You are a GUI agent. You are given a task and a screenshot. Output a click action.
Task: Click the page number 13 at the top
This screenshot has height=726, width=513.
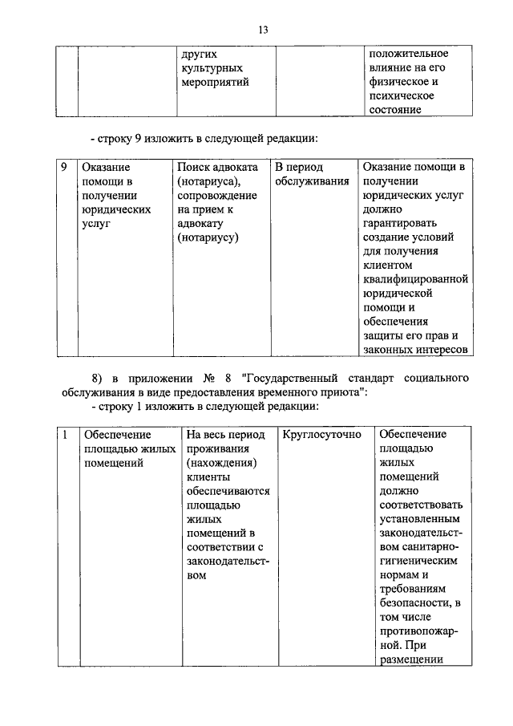[262, 30]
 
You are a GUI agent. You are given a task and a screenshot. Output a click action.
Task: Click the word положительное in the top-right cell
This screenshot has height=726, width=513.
[408, 53]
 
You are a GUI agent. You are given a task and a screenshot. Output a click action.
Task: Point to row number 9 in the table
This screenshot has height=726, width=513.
[65, 168]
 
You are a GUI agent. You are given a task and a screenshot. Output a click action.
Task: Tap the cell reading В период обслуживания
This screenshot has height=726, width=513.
[312, 174]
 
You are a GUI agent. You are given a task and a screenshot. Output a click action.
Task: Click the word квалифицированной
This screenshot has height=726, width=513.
[414, 280]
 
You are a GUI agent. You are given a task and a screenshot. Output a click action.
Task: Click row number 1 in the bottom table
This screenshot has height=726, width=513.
[65, 435]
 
